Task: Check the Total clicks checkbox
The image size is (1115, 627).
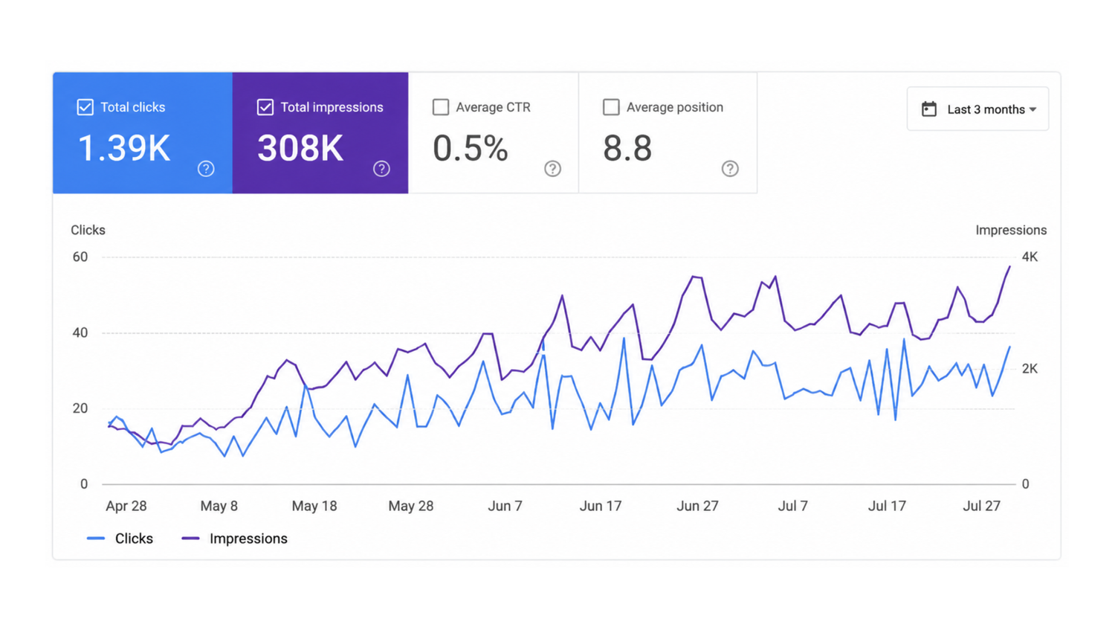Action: pyautogui.click(x=85, y=107)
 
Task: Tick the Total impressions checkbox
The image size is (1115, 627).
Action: pyautogui.click(x=265, y=107)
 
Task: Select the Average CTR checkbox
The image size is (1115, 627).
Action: pyautogui.click(x=441, y=107)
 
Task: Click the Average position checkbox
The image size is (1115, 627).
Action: pyautogui.click(x=611, y=107)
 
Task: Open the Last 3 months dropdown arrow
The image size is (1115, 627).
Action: pyautogui.click(x=1033, y=109)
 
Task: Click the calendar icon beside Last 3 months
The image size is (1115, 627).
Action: pyautogui.click(x=929, y=109)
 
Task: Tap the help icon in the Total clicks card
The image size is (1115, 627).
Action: pyautogui.click(x=206, y=169)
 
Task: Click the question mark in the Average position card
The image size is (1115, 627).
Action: pyautogui.click(x=730, y=169)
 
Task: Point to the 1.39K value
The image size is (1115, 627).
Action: pyautogui.click(x=124, y=149)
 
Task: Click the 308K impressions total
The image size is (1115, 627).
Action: pyautogui.click(x=300, y=149)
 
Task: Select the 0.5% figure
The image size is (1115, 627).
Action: pyautogui.click(x=471, y=149)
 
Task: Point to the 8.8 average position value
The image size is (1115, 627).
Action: pyautogui.click(x=627, y=149)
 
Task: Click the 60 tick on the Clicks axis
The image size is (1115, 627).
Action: pyautogui.click(x=80, y=257)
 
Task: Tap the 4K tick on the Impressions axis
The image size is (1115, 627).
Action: pyautogui.click(x=1030, y=257)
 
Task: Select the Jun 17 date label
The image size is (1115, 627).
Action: pyautogui.click(x=601, y=506)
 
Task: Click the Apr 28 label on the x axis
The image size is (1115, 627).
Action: pyautogui.click(x=126, y=506)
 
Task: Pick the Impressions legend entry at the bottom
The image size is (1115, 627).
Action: pyautogui.click(x=234, y=538)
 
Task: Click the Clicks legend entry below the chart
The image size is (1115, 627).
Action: pyautogui.click(x=120, y=538)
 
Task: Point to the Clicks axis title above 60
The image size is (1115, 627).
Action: pyautogui.click(x=88, y=230)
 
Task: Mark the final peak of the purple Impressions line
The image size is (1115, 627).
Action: pyautogui.click(x=1009, y=266)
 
